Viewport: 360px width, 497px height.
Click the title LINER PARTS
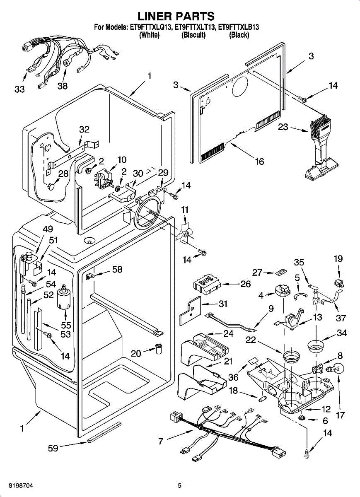pyautogui.click(x=176, y=16)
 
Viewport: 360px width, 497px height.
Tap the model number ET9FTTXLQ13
pyautogui.click(x=150, y=28)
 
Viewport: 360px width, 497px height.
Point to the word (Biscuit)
pyautogui.click(x=193, y=35)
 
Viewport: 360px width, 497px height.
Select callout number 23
pyautogui.click(x=283, y=128)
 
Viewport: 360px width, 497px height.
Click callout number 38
pyautogui.click(x=63, y=87)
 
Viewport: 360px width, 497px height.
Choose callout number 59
pyautogui.click(x=53, y=448)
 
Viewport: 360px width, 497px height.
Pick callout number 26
pyautogui.click(x=246, y=284)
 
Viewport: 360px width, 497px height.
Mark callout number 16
pyautogui.click(x=259, y=161)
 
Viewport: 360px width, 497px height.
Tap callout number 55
pyautogui.click(x=66, y=326)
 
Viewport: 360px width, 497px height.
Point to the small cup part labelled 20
pyautogui.click(x=159, y=348)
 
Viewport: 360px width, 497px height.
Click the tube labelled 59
pyautogui.click(x=104, y=433)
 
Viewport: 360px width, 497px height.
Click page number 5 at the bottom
pyautogui.click(x=179, y=485)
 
